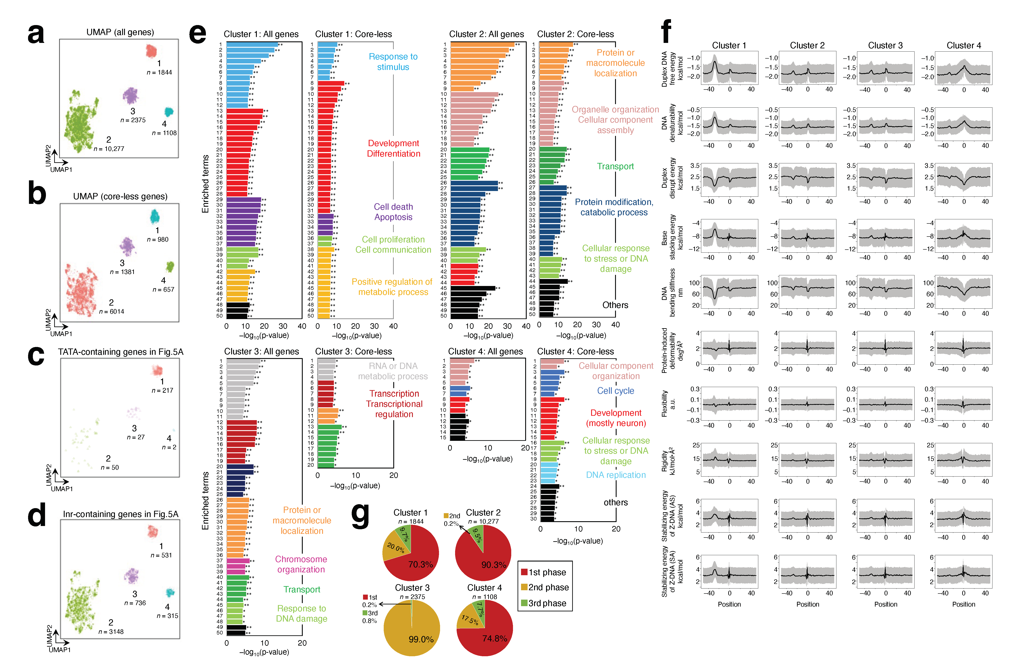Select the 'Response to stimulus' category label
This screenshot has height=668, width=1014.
click(393, 62)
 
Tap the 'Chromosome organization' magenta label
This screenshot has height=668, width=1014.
click(301, 564)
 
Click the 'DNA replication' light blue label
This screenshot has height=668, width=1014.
click(616, 475)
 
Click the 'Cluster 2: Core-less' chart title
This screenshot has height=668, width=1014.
click(575, 34)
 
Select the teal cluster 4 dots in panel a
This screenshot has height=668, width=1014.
click(169, 112)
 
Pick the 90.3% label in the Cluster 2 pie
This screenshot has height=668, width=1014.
click(493, 565)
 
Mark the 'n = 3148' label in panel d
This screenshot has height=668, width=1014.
click(111, 631)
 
